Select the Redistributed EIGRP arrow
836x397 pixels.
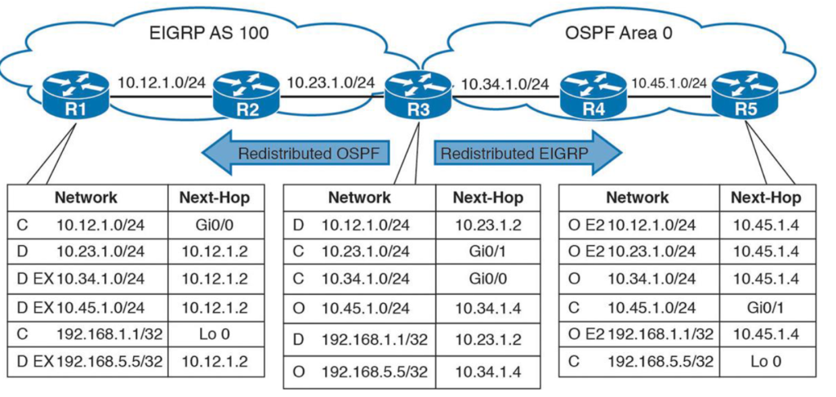pyautogui.click(x=528, y=154)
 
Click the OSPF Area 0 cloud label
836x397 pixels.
pyautogui.click(x=619, y=33)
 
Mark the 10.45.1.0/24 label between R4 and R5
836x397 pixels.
pyautogui.click(x=669, y=83)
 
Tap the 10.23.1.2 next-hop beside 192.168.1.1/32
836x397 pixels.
pyautogui.click(x=488, y=339)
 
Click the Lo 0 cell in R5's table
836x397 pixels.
pyautogui.click(x=766, y=361)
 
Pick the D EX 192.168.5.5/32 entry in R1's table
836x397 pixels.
pyautogui.click(x=86, y=361)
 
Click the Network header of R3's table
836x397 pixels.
pyautogui.click(x=359, y=198)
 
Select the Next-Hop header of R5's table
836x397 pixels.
pyautogui.click(x=766, y=198)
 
